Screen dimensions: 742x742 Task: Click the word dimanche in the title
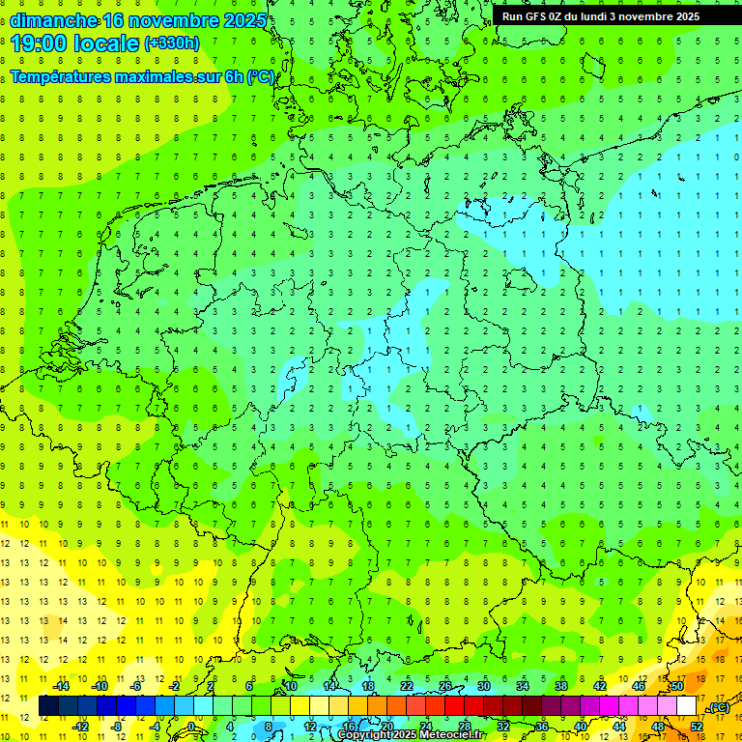click(52, 21)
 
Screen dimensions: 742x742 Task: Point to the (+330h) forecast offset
click(172, 43)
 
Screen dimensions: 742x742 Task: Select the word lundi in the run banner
click(588, 16)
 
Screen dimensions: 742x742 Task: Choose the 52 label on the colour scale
click(697, 726)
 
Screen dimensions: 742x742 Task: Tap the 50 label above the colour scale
click(677, 686)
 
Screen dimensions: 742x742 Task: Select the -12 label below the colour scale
click(81, 726)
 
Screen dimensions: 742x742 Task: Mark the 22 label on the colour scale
click(407, 686)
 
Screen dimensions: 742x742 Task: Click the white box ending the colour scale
click(686, 706)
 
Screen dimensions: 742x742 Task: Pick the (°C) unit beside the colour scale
click(718, 707)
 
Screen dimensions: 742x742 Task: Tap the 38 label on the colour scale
click(561, 686)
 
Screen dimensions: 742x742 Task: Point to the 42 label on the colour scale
click(600, 686)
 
